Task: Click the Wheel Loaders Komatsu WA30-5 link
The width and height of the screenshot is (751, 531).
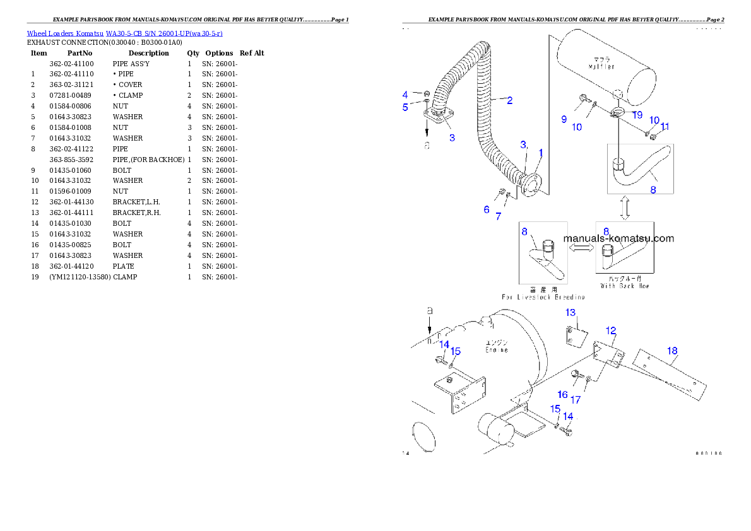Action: [124, 33]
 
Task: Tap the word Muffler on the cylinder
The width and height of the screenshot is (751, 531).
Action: [601, 66]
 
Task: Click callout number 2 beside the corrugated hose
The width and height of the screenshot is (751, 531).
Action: [509, 100]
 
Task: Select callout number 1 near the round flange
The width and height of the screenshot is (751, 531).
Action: [541, 153]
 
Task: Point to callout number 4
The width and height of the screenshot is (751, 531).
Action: [405, 95]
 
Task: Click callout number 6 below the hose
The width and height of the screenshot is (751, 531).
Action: [487, 209]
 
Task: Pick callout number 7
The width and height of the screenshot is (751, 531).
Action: [498, 216]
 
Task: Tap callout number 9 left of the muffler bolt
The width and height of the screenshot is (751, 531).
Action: [564, 119]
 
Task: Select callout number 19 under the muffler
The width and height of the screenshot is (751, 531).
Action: [637, 115]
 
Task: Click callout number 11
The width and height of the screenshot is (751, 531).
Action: [665, 127]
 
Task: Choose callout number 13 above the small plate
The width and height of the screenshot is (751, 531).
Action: [571, 313]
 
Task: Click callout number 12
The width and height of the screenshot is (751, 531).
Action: [611, 330]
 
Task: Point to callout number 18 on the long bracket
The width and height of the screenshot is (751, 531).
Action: [672, 351]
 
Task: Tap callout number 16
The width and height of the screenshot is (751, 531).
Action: [562, 394]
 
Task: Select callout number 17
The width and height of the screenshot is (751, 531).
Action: [576, 400]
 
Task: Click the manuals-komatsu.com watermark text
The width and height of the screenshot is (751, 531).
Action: [618, 238]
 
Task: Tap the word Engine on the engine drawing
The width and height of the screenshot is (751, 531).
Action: [496, 349]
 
